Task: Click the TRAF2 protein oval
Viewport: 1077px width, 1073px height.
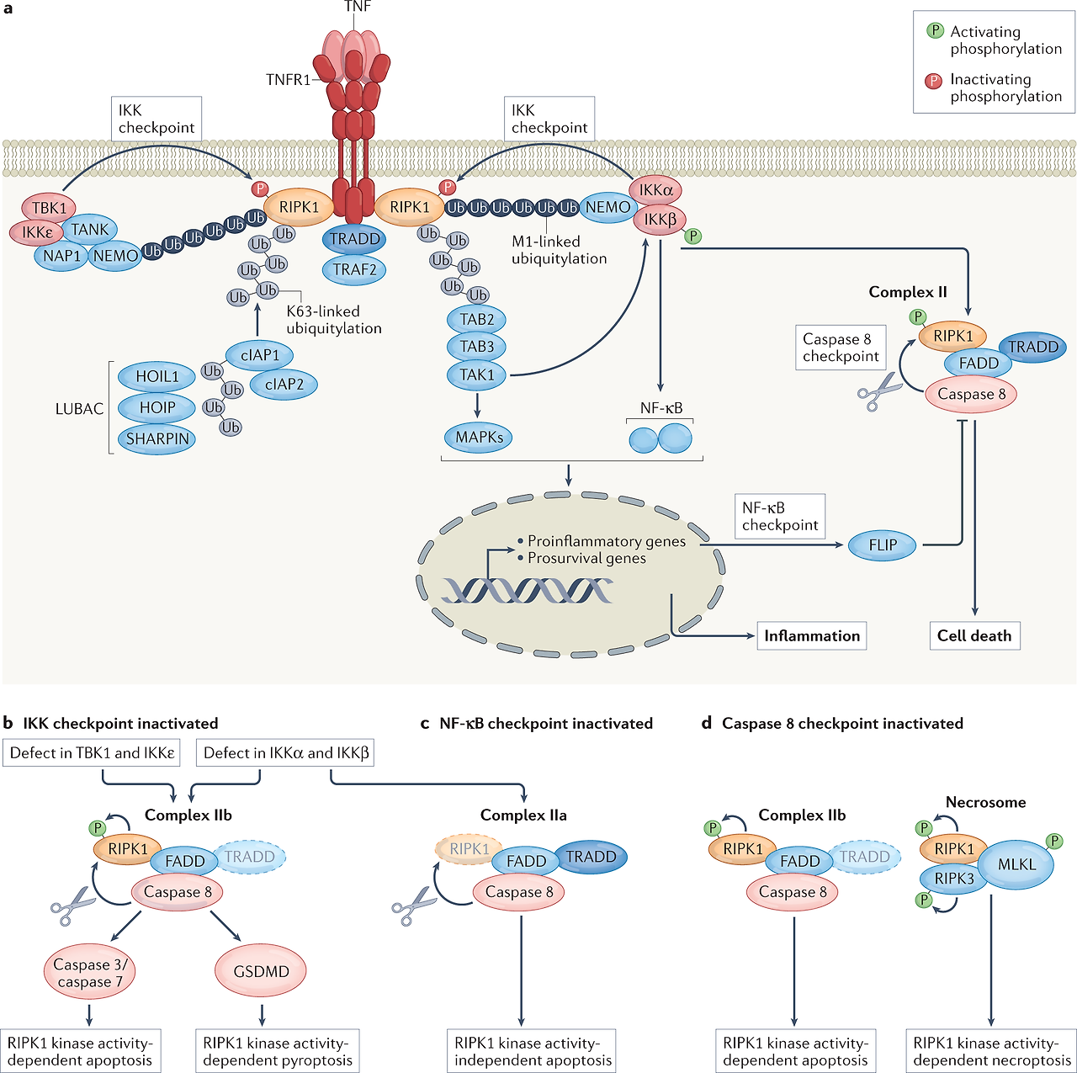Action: (x=354, y=270)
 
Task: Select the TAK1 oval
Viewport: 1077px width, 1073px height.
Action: (x=477, y=374)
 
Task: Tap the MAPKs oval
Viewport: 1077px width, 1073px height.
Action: (x=479, y=438)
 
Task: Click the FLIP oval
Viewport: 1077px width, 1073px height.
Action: (x=883, y=545)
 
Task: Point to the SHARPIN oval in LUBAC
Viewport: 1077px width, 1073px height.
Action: (x=157, y=439)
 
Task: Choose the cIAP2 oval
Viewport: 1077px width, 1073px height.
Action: (x=284, y=385)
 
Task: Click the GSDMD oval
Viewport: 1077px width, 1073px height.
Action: (x=261, y=972)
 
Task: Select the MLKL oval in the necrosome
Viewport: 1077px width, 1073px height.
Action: (x=1016, y=865)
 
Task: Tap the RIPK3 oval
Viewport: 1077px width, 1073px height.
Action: (x=954, y=879)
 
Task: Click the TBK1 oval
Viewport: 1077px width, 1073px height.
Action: (x=49, y=208)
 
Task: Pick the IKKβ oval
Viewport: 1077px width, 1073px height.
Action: (x=661, y=220)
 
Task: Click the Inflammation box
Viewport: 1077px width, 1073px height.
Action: (x=811, y=636)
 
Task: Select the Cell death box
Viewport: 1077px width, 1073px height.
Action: (x=974, y=636)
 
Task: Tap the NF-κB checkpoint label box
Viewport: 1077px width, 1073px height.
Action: (x=779, y=517)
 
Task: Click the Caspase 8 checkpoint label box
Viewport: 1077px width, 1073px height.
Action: (x=840, y=348)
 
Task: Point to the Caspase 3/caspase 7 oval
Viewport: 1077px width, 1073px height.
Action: (x=89, y=974)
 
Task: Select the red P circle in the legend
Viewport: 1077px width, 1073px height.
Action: (x=934, y=81)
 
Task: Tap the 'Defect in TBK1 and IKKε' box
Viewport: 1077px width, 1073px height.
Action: (x=93, y=753)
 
